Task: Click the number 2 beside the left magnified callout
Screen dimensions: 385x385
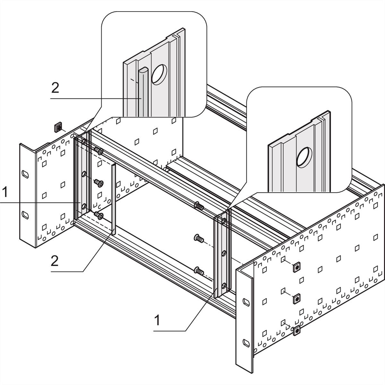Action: tap(55, 88)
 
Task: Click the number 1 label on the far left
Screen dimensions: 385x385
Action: tap(4, 193)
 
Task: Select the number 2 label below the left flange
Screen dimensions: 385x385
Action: tap(55, 261)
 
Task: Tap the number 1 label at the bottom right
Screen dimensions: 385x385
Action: tap(157, 320)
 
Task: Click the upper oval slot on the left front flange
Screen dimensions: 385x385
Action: tap(25, 174)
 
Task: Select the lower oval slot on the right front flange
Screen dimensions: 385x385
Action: tap(246, 342)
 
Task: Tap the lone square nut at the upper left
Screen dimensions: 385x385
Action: tap(58, 127)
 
